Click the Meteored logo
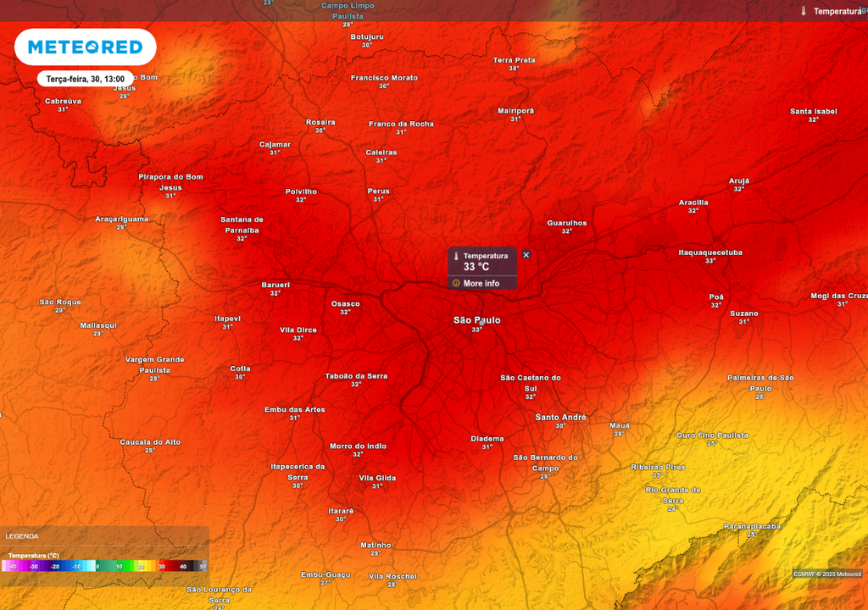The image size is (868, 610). coord(85,47)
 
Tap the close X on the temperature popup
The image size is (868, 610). coord(526,255)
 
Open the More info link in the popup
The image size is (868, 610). coord(481,283)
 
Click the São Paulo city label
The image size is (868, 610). coord(476,320)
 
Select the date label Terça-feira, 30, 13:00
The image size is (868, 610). coord(85,79)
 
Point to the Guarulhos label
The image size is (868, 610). coord(566,223)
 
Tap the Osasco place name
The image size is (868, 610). coord(345,303)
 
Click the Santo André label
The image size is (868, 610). coord(561,417)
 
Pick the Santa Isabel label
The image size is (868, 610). coord(813,111)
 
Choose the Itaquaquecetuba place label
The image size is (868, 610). coord(710,252)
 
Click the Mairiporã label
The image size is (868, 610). coord(515,110)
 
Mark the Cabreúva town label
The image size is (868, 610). coord(63,101)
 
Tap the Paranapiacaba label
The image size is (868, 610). coord(752,526)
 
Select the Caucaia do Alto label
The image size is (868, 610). coord(150,441)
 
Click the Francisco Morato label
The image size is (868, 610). coord(384,78)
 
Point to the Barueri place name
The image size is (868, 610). coord(275,285)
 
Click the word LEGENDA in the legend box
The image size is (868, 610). coord(21,536)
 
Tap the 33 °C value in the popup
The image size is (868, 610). coord(476,267)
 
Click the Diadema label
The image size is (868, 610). coord(487,438)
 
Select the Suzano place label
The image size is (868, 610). coord(744,313)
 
